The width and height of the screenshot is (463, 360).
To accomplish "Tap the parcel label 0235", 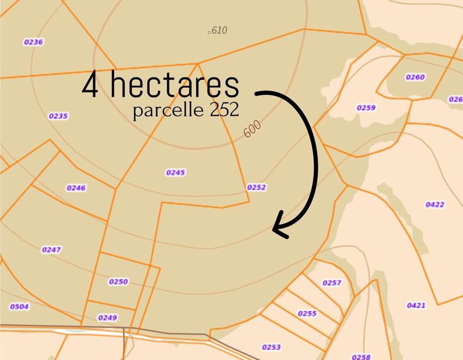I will [x=58, y=116].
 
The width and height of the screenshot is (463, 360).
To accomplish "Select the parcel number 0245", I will [x=175, y=172].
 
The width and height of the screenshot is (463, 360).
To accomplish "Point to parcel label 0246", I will [x=76, y=188].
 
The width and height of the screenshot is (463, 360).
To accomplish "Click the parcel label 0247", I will [x=52, y=249].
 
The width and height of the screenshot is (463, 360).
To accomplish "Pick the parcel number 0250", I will [x=118, y=282].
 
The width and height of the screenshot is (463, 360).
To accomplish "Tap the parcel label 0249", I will [x=108, y=318].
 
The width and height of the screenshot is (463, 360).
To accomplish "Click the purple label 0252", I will [x=256, y=188].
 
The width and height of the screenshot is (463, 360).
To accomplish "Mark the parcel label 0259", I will [x=366, y=108].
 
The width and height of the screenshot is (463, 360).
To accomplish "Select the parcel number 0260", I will [x=415, y=77].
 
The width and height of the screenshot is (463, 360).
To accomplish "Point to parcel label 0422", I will [x=435, y=204].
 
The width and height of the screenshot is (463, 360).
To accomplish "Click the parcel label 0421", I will [x=417, y=305].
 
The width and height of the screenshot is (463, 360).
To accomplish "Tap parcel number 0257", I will [x=332, y=283].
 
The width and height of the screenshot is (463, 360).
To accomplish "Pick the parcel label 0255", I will [x=307, y=314].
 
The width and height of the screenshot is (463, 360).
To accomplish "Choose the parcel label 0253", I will [x=271, y=347].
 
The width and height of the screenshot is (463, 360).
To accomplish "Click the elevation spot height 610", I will [x=218, y=31].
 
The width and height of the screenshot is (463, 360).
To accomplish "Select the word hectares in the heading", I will [x=173, y=86].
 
